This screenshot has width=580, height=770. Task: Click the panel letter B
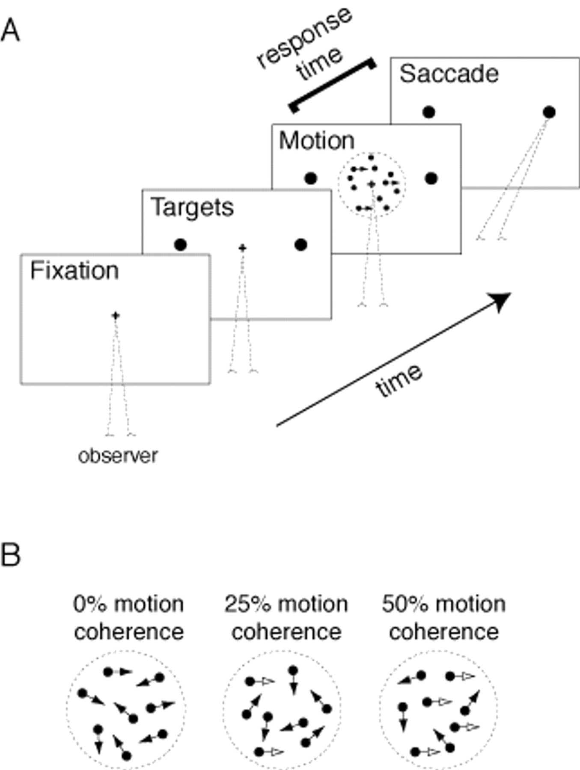[x=10, y=555]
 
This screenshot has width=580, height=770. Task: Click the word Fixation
[x=74, y=271]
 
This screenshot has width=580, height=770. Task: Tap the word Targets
[x=192, y=207]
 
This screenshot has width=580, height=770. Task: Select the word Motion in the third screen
[x=317, y=141]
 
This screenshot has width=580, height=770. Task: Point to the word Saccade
[x=449, y=74]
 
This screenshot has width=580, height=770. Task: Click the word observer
[x=118, y=456]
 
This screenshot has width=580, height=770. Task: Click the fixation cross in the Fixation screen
[x=115, y=316]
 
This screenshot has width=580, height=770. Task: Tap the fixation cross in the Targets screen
[x=242, y=248]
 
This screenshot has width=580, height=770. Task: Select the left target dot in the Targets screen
[x=181, y=245]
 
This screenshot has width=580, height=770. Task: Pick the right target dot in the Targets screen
[x=301, y=245]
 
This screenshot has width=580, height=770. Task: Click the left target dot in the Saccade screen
[x=429, y=112]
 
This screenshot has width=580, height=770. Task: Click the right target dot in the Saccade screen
[x=549, y=112]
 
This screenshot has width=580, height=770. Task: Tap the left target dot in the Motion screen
[x=311, y=178]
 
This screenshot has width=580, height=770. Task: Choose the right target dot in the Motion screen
[x=431, y=178]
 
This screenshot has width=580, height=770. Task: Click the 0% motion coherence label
[x=128, y=618]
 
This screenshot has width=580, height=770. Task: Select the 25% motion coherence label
[x=286, y=618]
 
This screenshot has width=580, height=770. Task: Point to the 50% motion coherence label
[x=443, y=618]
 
